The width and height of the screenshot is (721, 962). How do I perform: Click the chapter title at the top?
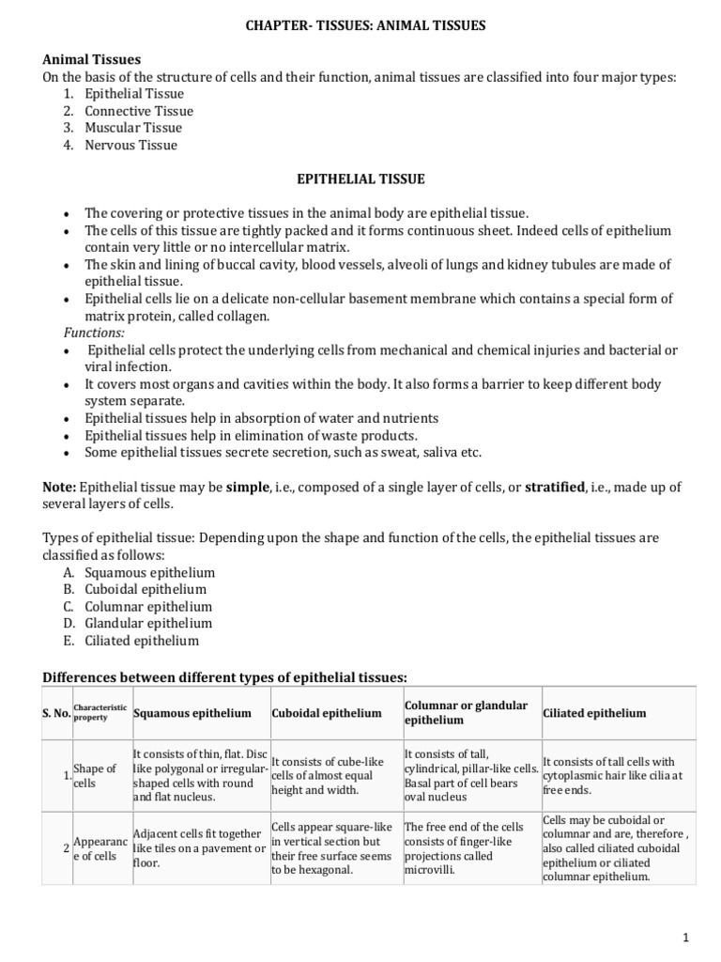[360, 25]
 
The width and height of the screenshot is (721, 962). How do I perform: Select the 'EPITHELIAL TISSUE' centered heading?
[360, 178]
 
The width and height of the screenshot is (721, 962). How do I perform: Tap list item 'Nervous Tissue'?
[130, 145]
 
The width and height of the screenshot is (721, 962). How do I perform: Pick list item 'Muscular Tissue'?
[133, 128]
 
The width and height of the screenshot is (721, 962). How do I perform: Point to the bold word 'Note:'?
[60, 488]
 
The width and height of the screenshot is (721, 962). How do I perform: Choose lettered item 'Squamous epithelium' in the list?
[149, 572]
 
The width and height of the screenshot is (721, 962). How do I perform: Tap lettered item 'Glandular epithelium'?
[148, 623]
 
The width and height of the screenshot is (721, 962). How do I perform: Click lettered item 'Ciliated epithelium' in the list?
[142, 641]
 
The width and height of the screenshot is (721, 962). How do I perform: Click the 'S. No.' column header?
[55, 713]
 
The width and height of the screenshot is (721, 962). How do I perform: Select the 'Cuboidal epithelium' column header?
[326, 713]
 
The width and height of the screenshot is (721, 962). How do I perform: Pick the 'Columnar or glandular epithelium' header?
[466, 712]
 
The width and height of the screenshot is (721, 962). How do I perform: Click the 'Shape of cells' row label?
[95, 775]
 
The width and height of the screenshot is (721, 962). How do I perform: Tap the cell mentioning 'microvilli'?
[469, 848]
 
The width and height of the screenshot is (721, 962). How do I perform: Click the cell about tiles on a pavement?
[199, 848]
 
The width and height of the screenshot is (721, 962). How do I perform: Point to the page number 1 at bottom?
[686, 938]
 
